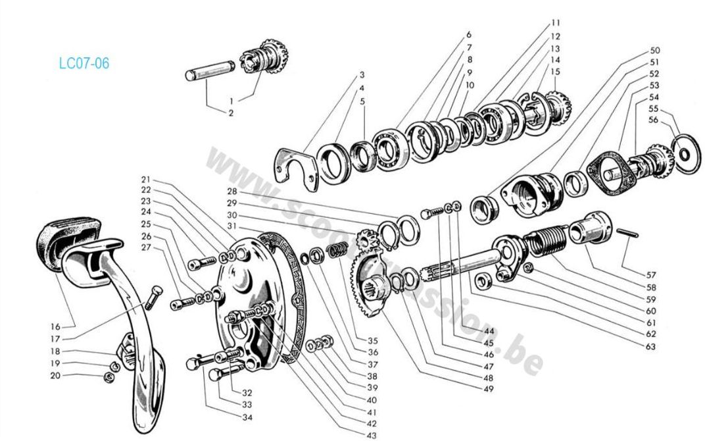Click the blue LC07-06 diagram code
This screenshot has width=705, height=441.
[84, 64]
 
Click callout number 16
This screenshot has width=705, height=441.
[55, 326]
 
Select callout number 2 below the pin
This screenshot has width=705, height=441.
[231, 113]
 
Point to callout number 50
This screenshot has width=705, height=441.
[654, 51]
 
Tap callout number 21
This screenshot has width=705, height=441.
[146, 180]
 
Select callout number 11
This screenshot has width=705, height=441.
[555, 23]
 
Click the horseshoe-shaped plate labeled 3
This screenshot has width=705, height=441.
[295, 169]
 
